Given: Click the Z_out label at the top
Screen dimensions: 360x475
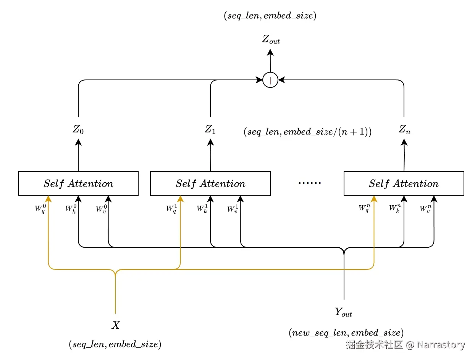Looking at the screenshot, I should (271, 40).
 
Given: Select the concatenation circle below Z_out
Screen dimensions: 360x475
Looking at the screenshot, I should (270, 80).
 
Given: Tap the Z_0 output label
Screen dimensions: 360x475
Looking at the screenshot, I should (78, 129).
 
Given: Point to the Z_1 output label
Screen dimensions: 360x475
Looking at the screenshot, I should (210, 129).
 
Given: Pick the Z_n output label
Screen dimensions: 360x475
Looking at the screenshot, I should (404, 129).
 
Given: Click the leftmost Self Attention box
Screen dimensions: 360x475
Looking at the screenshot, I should (78, 183).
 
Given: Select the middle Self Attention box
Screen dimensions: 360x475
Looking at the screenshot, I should (210, 183).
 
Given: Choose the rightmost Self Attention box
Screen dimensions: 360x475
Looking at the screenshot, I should (404, 183).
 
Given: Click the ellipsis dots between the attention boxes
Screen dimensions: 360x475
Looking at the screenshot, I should (309, 183).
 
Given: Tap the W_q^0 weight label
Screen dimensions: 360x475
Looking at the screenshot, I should (40, 209).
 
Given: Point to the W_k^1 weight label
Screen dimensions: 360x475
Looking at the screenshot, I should (202, 209).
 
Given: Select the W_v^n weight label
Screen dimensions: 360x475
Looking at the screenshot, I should (425, 209).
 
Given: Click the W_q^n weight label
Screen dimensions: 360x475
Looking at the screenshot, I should (364, 209).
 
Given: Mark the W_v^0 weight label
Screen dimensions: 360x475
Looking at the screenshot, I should (101, 209).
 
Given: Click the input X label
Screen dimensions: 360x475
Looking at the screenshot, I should (115, 325).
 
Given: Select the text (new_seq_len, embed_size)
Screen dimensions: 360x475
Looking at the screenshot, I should (346, 332).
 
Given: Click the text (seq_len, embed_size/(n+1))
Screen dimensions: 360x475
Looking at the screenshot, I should (307, 132).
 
